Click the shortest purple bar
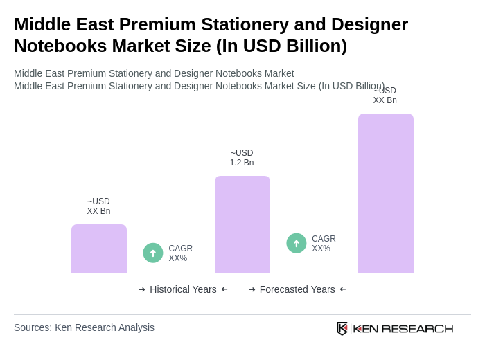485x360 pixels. pyautogui.click(x=99, y=249)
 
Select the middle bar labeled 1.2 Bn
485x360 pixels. pyautogui.click(x=242, y=224)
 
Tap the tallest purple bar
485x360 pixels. pyautogui.click(x=385, y=193)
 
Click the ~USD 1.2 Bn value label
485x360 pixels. pyautogui.click(x=242, y=158)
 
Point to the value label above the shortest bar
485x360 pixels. pyautogui.click(x=98, y=206)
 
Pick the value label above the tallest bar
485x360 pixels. pyautogui.click(x=385, y=96)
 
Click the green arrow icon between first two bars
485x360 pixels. pyautogui.click(x=153, y=253)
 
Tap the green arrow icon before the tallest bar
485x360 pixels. pyautogui.click(x=297, y=243)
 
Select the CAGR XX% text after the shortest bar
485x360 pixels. pyautogui.click(x=180, y=253)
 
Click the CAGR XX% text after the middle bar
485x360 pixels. pyautogui.click(x=324, y=244)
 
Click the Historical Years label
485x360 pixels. pyautogui.click(x=183, y=289)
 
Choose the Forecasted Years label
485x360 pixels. pyautogui.click(x=297, y=289)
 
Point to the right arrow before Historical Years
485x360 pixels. pyautogui.click(x=142, y=289)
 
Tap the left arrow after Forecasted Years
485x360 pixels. pyautogui.click(x=343, y=289)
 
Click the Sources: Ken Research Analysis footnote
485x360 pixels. pyautogui.click(x=84, y=327)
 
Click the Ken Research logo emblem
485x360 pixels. pyautogui.click(x=342, y=328)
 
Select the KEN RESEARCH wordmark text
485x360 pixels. pyautogui.click(x=403, y=328)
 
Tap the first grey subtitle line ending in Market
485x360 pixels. pyautogui.click(x=154, y=73)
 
